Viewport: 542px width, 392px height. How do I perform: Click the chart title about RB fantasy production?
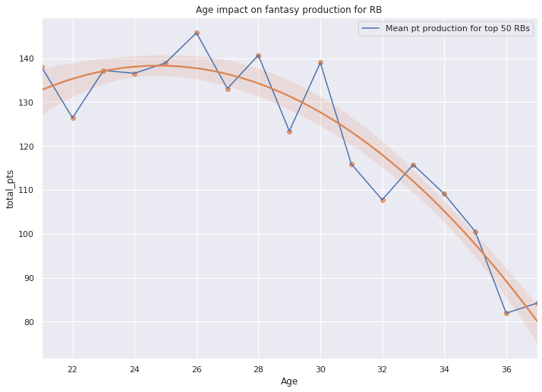288,10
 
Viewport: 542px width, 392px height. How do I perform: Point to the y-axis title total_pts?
11,188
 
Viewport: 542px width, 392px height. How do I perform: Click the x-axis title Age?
289,381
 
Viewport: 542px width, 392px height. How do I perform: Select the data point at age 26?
197,33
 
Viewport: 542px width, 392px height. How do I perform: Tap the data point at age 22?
73,118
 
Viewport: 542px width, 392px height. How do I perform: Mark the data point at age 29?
289,131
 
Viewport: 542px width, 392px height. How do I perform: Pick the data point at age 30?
320,62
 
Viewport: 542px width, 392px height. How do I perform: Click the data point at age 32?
383,200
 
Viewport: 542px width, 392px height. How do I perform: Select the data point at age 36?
506,313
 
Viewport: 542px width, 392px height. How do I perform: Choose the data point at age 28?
258,55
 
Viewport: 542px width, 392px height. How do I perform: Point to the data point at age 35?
475,232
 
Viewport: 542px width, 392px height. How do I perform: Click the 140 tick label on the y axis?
27,58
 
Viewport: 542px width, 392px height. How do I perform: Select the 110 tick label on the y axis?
27,190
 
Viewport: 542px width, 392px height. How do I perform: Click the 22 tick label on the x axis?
73,369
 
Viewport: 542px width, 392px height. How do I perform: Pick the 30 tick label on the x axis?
320,369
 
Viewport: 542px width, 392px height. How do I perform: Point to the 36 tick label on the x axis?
506,369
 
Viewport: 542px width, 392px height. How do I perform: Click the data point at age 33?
413,165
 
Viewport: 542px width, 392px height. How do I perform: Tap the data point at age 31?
351,164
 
